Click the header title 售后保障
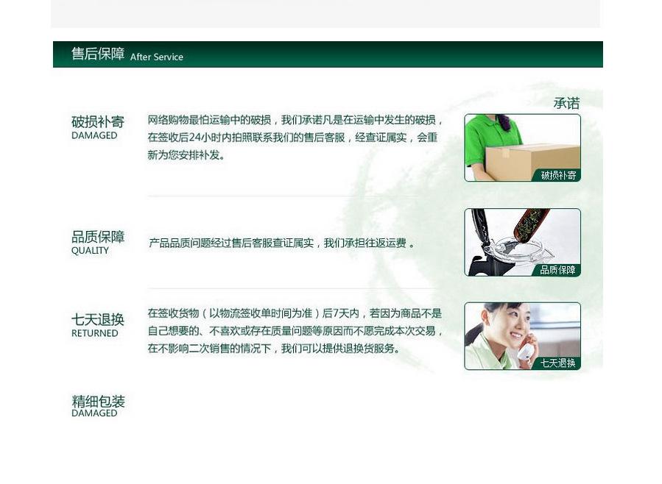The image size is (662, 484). pos(98,54)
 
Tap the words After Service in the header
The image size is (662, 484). pos(157,57)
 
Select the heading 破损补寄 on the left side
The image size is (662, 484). pos(97,122)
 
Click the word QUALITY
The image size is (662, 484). pos(90,250)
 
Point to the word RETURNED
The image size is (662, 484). pos(94,333)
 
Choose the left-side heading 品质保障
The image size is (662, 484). pos(98,237)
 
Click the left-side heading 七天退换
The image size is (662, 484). pos(97,319)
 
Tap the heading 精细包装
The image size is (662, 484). pos(98,401)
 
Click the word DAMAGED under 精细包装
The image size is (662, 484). pos(94,413)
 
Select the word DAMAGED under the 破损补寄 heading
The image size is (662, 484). pos(94,135)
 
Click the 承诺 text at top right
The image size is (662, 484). pos(566,103)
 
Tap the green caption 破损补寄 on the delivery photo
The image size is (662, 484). pos(559,175)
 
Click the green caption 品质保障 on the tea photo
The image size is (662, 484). pos(557,270)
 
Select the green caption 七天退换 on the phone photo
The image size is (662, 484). pos(557,363)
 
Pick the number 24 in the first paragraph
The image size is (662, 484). pos(194,138)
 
